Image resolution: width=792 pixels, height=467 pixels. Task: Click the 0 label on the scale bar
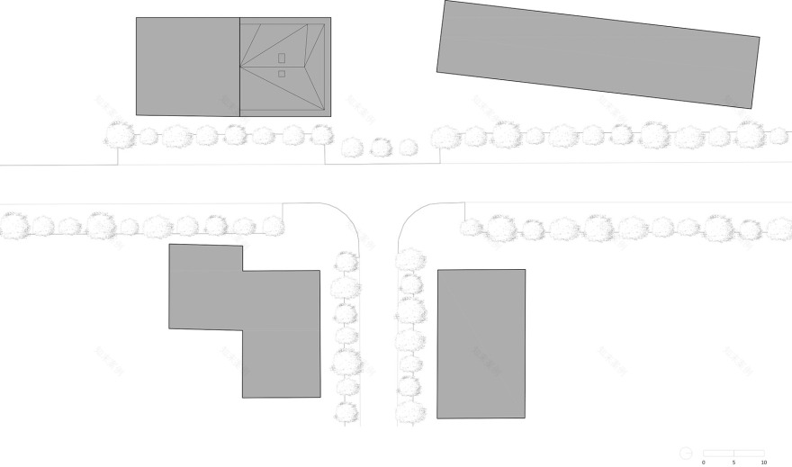pos(704,462)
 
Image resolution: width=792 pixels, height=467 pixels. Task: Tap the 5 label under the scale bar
pos(733,462)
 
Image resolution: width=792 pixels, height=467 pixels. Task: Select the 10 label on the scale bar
pos(763,462)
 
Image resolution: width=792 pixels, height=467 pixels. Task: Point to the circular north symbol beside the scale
pos(686,452)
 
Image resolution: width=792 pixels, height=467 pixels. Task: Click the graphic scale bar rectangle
pos(733,452)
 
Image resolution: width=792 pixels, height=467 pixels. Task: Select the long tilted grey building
pos(598,54)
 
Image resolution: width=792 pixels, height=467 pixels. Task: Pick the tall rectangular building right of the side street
pos(481,344)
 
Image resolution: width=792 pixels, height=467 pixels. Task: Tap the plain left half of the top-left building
pos(187,66)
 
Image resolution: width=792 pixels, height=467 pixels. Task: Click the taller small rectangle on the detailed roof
pos(282,58)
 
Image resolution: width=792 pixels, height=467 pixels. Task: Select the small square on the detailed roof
pos(282,74)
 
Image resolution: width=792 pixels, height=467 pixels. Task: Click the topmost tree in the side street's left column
pos(346,263)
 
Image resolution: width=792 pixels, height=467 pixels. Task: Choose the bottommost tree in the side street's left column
pos(346,413)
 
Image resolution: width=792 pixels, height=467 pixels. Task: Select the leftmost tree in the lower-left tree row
pos(13,225)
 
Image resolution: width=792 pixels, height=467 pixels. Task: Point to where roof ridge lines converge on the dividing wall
pos(240,66)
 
